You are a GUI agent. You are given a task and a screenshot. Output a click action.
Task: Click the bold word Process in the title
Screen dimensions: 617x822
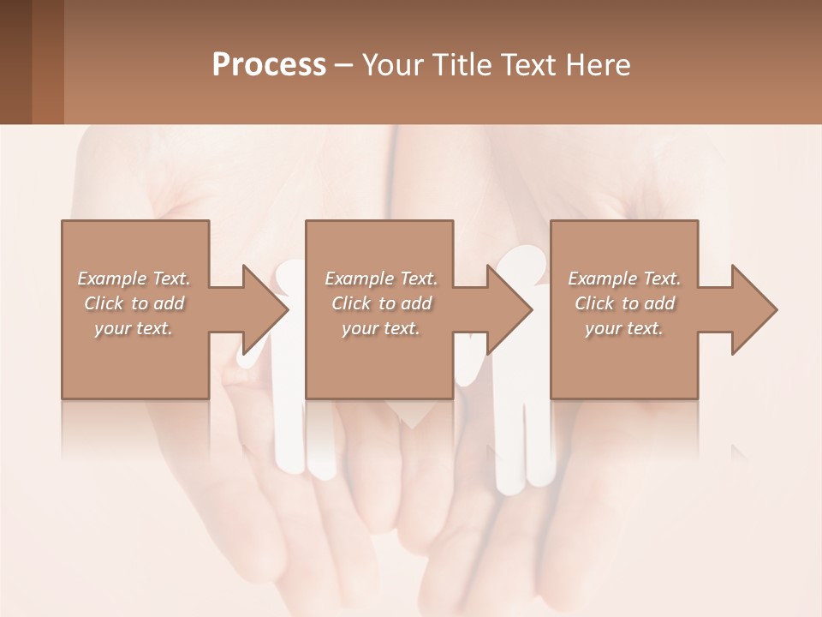269,65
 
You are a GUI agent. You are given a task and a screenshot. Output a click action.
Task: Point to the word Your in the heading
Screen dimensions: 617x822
393,65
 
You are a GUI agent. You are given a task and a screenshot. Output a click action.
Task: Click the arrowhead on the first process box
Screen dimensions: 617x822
265,309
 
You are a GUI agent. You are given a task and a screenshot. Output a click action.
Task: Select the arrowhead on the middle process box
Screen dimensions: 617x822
509,309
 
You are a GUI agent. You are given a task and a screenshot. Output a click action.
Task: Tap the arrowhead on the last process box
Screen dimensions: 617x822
753,309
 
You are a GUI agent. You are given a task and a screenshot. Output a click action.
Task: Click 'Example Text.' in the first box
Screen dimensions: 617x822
134,279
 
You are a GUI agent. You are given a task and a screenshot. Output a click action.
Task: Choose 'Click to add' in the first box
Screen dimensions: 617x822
134,303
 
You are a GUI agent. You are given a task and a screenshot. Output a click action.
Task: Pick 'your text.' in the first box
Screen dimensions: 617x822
134,328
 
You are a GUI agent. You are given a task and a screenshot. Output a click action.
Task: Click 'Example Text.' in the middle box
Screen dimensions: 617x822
381,279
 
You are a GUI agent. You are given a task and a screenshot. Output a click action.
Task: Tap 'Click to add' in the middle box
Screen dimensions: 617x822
381,303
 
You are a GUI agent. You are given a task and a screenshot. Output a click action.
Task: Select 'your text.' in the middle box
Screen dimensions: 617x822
381,328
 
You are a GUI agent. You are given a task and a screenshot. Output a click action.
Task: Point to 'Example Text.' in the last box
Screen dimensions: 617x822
624,279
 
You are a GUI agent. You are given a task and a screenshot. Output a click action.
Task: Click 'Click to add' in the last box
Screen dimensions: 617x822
624,303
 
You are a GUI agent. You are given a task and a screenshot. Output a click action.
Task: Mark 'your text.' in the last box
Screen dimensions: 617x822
624,328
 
